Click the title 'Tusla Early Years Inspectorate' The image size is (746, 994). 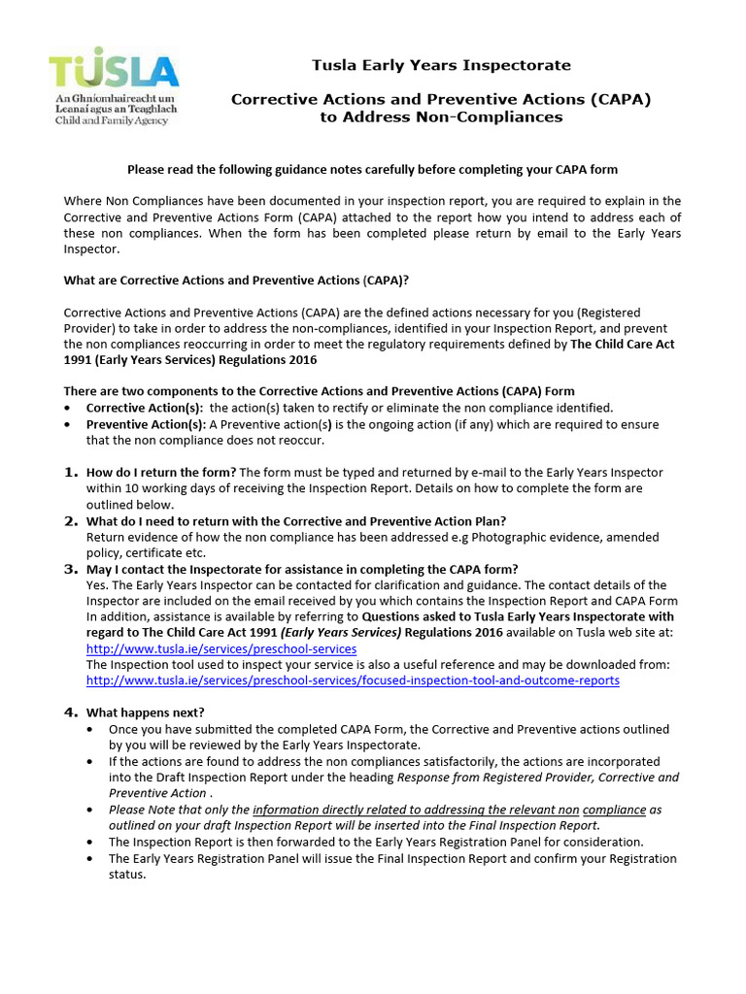tap(440, 65)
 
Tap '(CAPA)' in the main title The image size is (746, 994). tap(617, 99)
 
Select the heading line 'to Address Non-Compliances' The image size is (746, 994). tap(441, 116)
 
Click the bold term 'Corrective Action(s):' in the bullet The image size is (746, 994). tap(145, 408)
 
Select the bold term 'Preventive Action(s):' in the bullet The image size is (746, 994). tap(146, 424)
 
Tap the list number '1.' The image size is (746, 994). tap(71, 472)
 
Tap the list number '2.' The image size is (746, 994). tap(71, 520)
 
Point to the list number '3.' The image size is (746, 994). tap(71, 568)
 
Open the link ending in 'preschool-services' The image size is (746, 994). tap(220, 648)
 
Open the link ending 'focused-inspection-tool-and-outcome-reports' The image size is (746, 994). tap(353, 680)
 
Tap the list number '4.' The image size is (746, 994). tap(71, 712)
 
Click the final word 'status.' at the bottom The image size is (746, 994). tap(126, 875)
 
